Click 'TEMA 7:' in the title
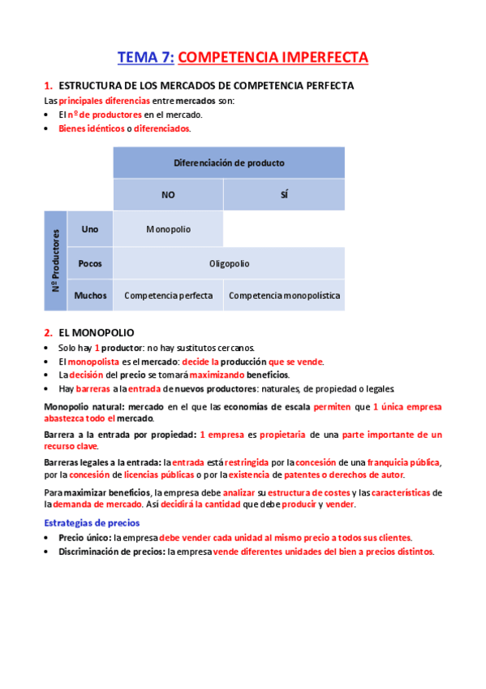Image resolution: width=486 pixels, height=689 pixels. (146, 58)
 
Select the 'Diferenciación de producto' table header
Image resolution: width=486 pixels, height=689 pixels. (229, 162)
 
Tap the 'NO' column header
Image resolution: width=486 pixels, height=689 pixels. (168, 195)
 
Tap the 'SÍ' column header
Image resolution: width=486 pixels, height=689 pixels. (284, 195)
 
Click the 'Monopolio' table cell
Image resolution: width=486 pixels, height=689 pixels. (168, 229)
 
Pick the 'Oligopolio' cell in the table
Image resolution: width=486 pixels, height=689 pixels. (229, 263)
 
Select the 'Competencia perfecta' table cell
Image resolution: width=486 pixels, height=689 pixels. (168, 296)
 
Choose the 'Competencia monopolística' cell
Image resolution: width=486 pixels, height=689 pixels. (284, 296)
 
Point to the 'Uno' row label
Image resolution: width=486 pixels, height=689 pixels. (90, 229)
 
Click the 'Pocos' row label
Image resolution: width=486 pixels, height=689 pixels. (90, 263)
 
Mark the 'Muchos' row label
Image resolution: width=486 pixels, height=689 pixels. (90, 296)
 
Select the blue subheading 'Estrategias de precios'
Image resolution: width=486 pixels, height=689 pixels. (92, 523)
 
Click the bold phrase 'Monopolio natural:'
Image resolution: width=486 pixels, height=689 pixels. (83, 405)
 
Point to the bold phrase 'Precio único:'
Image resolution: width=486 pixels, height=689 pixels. (84, 538)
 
